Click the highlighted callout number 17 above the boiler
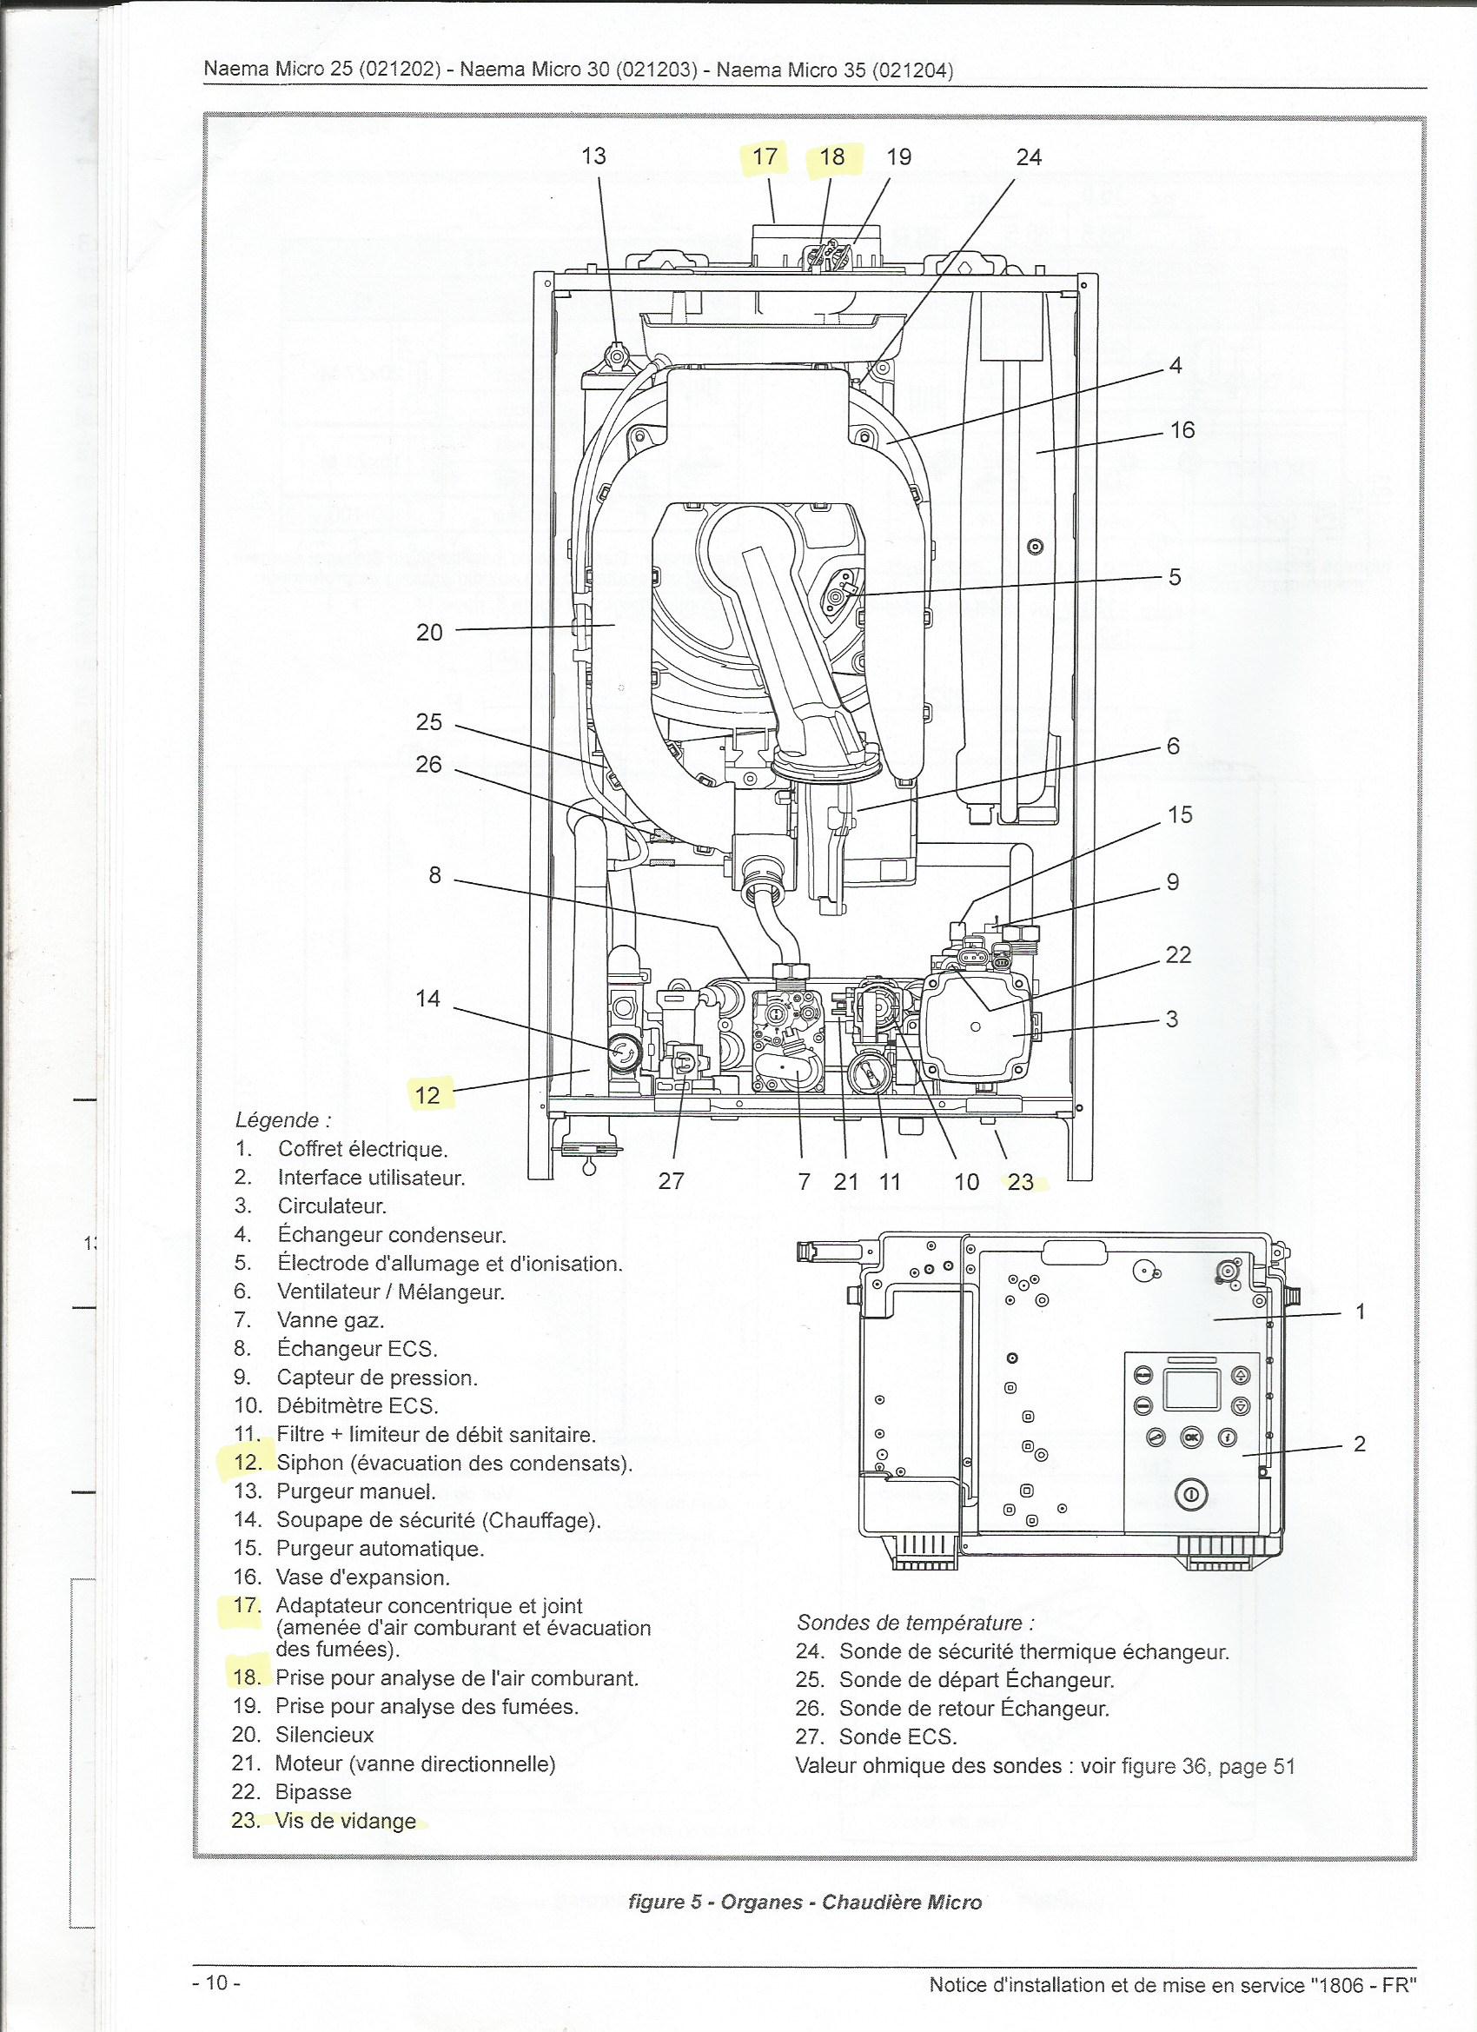click(x=765, y=156)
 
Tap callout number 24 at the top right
click(x=1030, y=156)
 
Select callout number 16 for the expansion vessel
click(x=1182, y=430)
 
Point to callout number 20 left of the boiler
click(x=430, y=632)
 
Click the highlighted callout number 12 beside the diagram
click(x=428, y=1095)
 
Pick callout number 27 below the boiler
click(x=671, y=1181)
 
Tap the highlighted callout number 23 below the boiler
click(x=1020, y=1182)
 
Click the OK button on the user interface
click(x=1190, y=1436)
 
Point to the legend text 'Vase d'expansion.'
click(x=363, y=1577)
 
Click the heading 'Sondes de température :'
click(x=917, y=1623)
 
